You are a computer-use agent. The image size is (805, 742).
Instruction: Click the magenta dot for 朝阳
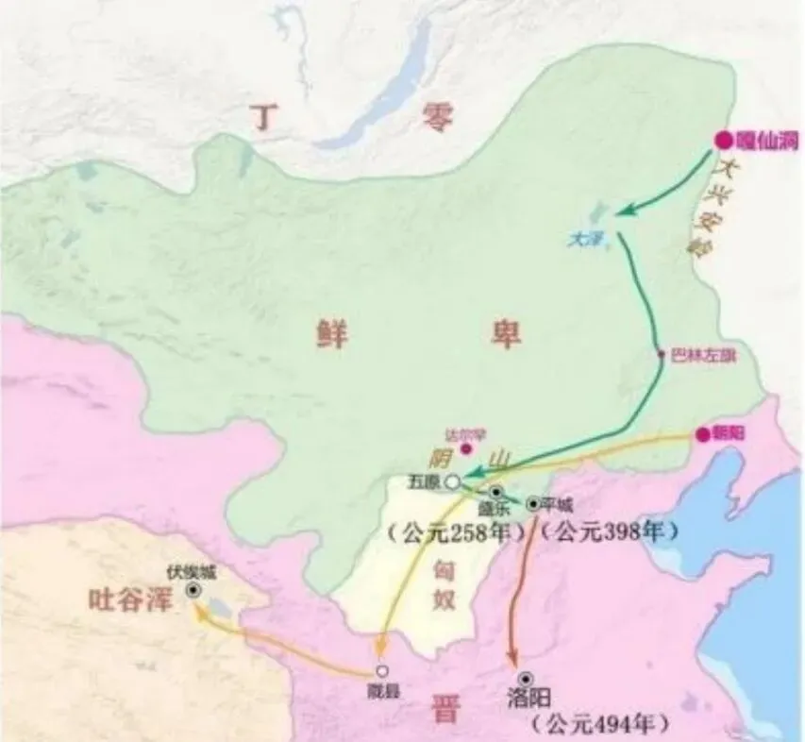point(702,434)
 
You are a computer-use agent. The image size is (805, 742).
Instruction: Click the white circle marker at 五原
point(453,481)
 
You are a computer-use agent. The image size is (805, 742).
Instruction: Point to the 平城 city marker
point(534,503)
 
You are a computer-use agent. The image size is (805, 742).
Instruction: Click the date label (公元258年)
point(456,533)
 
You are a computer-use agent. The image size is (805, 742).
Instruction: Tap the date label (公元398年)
point(613,532)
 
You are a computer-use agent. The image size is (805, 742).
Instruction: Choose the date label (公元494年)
point(600,725)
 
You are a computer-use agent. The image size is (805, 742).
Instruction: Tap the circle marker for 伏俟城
point(193,589)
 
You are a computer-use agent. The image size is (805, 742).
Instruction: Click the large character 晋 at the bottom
point(444,708)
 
